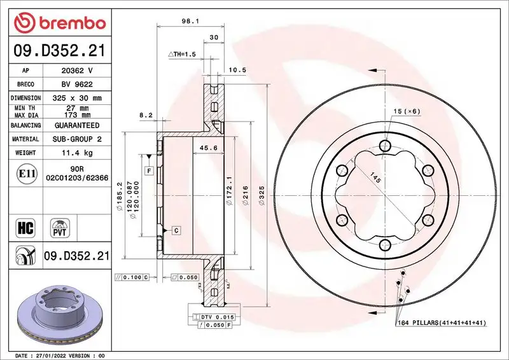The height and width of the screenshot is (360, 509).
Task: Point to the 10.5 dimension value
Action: pyautogui.click(x=237, y=69)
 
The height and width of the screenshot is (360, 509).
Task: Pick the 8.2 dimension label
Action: pyautogui.click(x=146, y=115)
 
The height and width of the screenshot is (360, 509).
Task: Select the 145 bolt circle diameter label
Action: pyautogui.click(x=377, y=181)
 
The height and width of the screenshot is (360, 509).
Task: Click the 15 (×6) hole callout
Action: pyautogui.click(x=407, y=112)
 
